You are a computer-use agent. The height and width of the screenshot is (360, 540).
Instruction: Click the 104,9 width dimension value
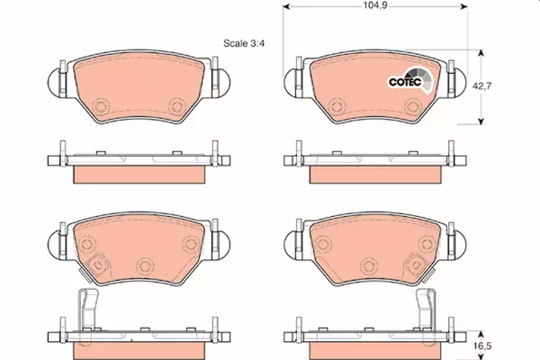coord(375,5)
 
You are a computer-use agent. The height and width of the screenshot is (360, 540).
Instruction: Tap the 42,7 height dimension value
coord(481,85)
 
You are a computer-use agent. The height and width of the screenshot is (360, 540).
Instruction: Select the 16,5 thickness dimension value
coord(481,346)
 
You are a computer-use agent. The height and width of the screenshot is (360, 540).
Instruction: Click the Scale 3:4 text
coord(244,43)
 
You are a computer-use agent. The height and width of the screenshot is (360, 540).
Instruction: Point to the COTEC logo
coord(409,81)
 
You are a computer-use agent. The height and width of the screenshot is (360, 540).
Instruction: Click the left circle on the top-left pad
coord(102,106)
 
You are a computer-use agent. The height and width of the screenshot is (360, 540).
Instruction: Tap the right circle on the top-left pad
coord(177,106)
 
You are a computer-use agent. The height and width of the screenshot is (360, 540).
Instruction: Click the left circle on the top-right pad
coord(337,106)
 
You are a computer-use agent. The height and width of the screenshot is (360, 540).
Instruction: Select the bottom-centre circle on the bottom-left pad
coord(145,266)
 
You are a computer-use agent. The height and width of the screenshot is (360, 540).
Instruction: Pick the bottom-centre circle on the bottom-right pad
coord(369,266)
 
